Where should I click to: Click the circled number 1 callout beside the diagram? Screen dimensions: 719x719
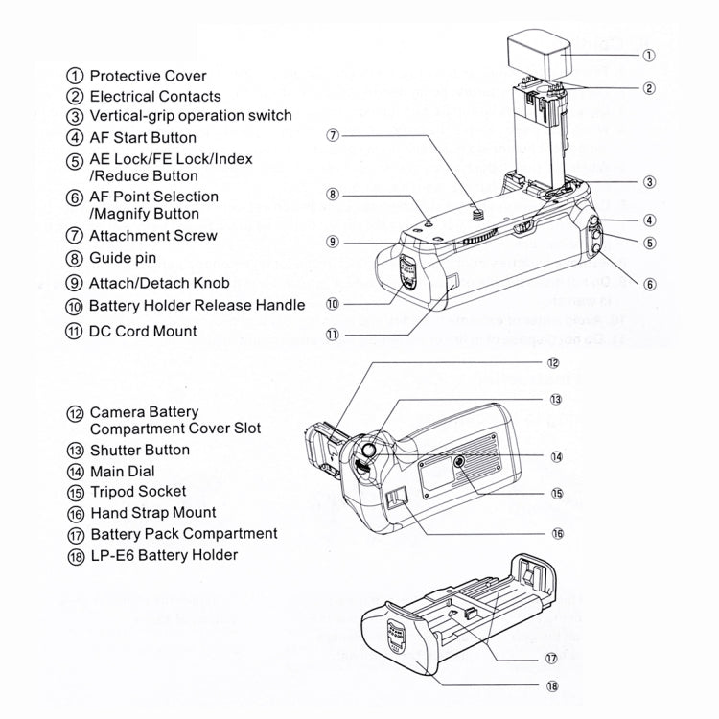(649, 55)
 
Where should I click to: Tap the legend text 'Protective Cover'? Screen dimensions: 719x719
(148, 76)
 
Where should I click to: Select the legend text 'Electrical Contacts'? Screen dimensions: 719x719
(155, 96)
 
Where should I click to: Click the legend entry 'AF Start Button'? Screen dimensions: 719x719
(143, 137)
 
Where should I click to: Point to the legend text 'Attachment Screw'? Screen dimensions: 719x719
(153, 236)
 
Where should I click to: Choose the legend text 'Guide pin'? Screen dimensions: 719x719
(123, 258)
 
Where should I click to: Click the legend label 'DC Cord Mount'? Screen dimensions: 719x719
(143, 331)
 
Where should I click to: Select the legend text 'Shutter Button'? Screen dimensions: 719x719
(139, 450)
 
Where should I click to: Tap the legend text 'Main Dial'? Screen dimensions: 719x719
(122, 471)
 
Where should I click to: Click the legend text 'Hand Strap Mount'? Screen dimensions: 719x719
(152, 513)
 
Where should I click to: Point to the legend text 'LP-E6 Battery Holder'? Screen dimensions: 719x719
(164, 554)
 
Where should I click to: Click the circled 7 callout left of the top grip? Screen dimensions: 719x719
(332, 136)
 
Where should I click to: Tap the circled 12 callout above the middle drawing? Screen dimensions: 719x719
(553, 363)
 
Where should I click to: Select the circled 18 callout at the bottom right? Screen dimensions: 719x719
(552, 686)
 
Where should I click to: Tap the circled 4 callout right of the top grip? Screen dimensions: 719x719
(649, 220)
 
